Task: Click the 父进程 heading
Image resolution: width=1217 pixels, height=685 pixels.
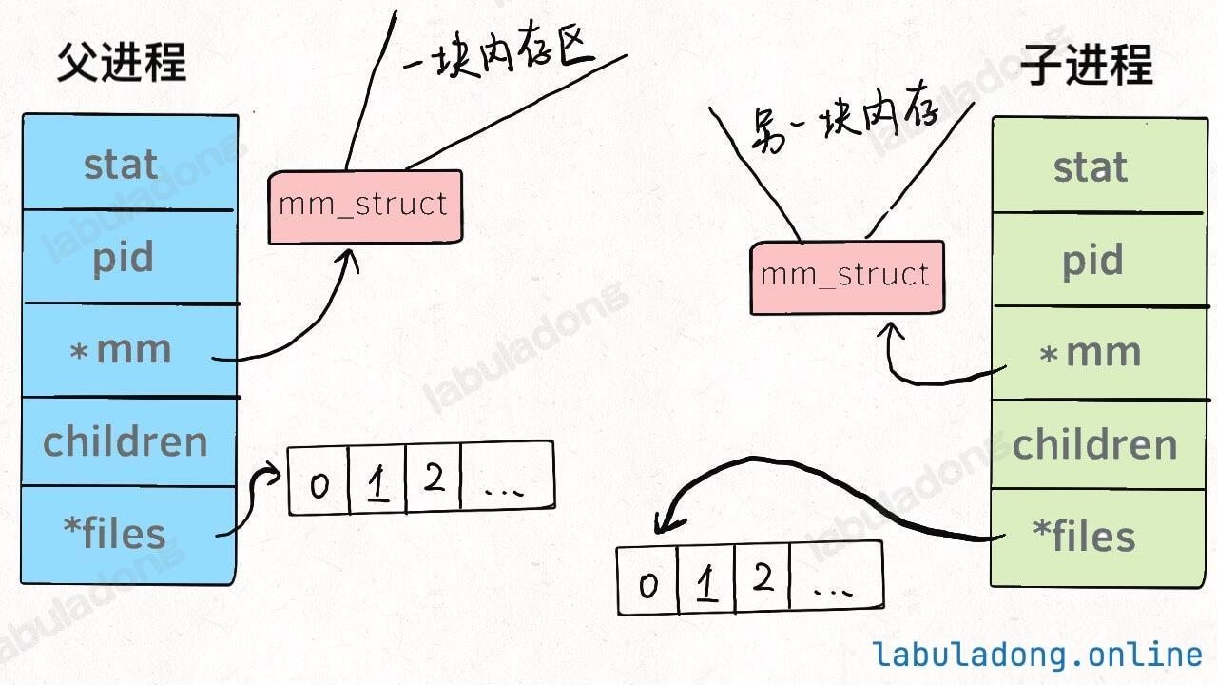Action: [122, 63]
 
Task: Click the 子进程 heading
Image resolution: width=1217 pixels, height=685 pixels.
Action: [1087, 65]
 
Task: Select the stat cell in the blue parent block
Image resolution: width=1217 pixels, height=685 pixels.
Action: [129, 162]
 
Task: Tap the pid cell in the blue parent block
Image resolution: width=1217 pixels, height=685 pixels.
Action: [129, 256]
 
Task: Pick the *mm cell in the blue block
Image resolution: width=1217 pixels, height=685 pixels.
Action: [129, 350]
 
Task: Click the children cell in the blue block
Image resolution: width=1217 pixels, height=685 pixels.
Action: [129, 442]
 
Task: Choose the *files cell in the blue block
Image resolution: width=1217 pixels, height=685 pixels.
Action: [129, 536]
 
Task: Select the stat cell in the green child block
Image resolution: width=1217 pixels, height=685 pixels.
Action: [1100, 165]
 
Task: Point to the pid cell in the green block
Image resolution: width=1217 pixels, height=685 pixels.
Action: [1100, 260]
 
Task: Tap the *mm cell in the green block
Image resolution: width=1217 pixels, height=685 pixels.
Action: [1100, 353]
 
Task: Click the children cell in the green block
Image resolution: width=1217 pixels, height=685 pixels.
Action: [1100, 444]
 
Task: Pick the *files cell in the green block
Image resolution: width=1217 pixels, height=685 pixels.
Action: [1100, 538]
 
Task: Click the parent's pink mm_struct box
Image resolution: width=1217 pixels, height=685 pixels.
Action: [365, 206]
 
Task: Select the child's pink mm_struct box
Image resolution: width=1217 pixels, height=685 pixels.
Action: [847, 277]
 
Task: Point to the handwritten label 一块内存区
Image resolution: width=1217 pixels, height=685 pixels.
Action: [498, 52]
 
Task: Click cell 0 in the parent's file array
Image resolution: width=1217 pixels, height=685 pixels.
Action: [319, 481]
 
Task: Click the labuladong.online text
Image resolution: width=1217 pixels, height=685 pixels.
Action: [1036, 654]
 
